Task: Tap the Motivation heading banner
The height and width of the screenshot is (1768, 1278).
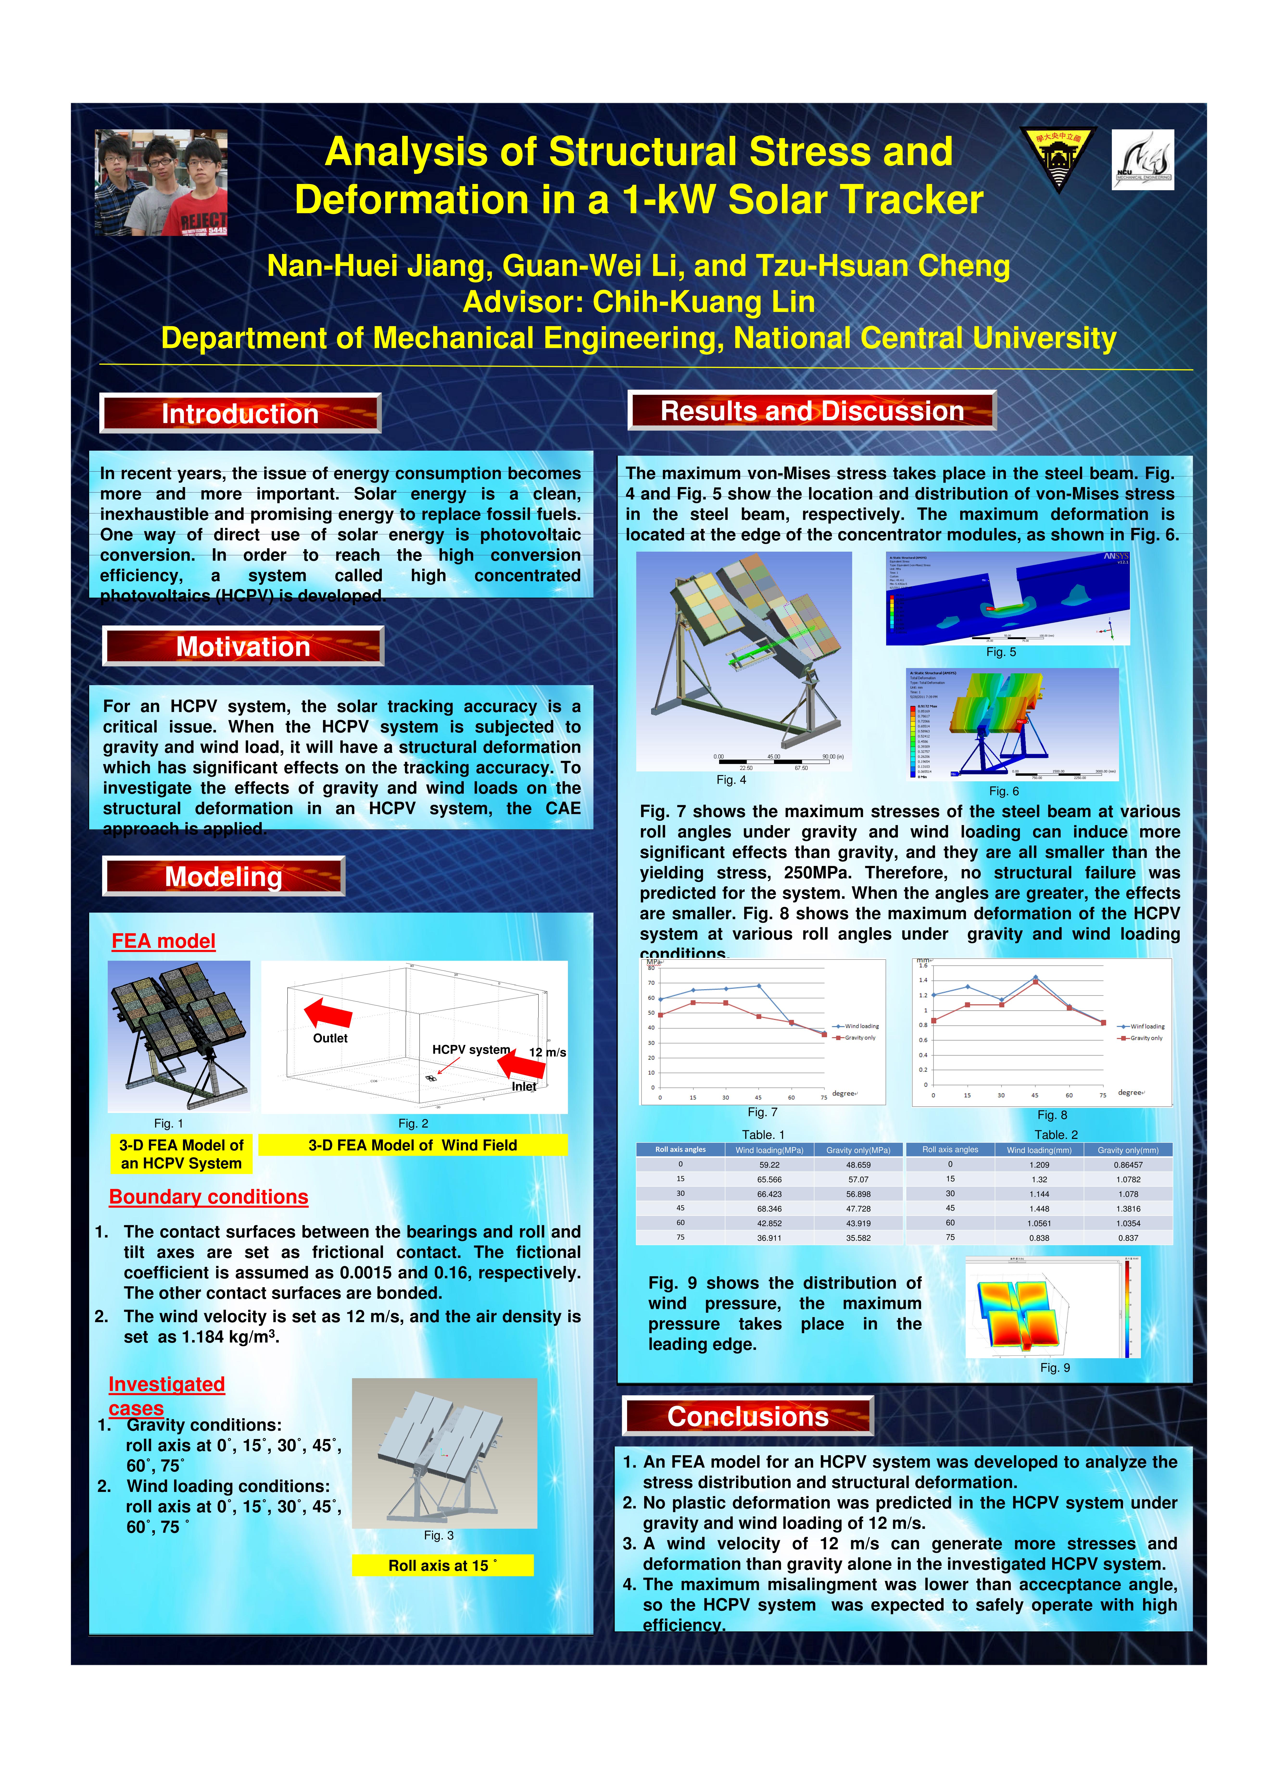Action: (243, 646)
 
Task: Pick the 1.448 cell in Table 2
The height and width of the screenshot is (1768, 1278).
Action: (1039, 1208)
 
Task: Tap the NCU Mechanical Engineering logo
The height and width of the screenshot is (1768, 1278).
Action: (1142, 159)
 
